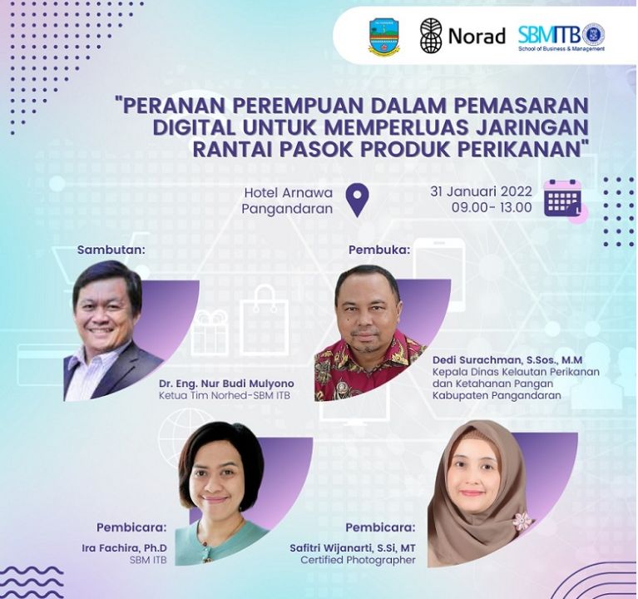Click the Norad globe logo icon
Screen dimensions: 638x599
431,36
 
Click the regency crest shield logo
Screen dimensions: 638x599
383,37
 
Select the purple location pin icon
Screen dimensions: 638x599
357,200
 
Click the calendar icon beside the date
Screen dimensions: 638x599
563,198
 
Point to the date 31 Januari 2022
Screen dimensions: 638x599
481,191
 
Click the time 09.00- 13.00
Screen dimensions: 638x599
492,207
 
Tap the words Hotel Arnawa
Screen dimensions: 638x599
289,192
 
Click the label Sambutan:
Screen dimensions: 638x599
111,250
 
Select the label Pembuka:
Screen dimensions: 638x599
379,250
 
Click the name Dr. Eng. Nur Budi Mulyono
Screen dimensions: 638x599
226,384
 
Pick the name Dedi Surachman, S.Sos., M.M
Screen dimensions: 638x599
507,360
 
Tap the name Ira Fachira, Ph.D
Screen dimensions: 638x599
125,547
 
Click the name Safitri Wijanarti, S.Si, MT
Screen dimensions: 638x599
353,547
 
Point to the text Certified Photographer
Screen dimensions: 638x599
358,560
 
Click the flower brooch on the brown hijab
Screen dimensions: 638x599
522,521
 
